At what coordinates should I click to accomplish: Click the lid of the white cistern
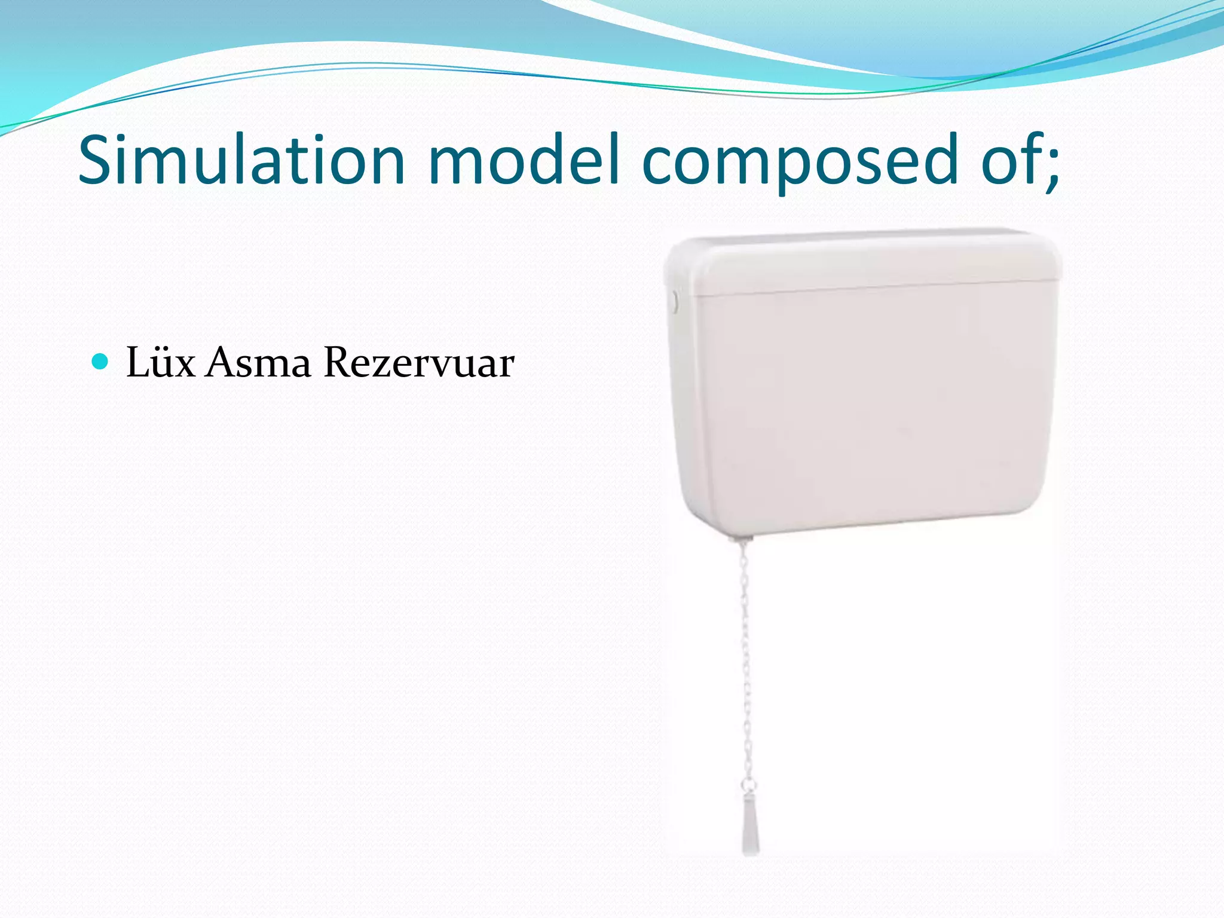coord(861,263)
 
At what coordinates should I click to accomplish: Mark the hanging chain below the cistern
coord(746,657)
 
